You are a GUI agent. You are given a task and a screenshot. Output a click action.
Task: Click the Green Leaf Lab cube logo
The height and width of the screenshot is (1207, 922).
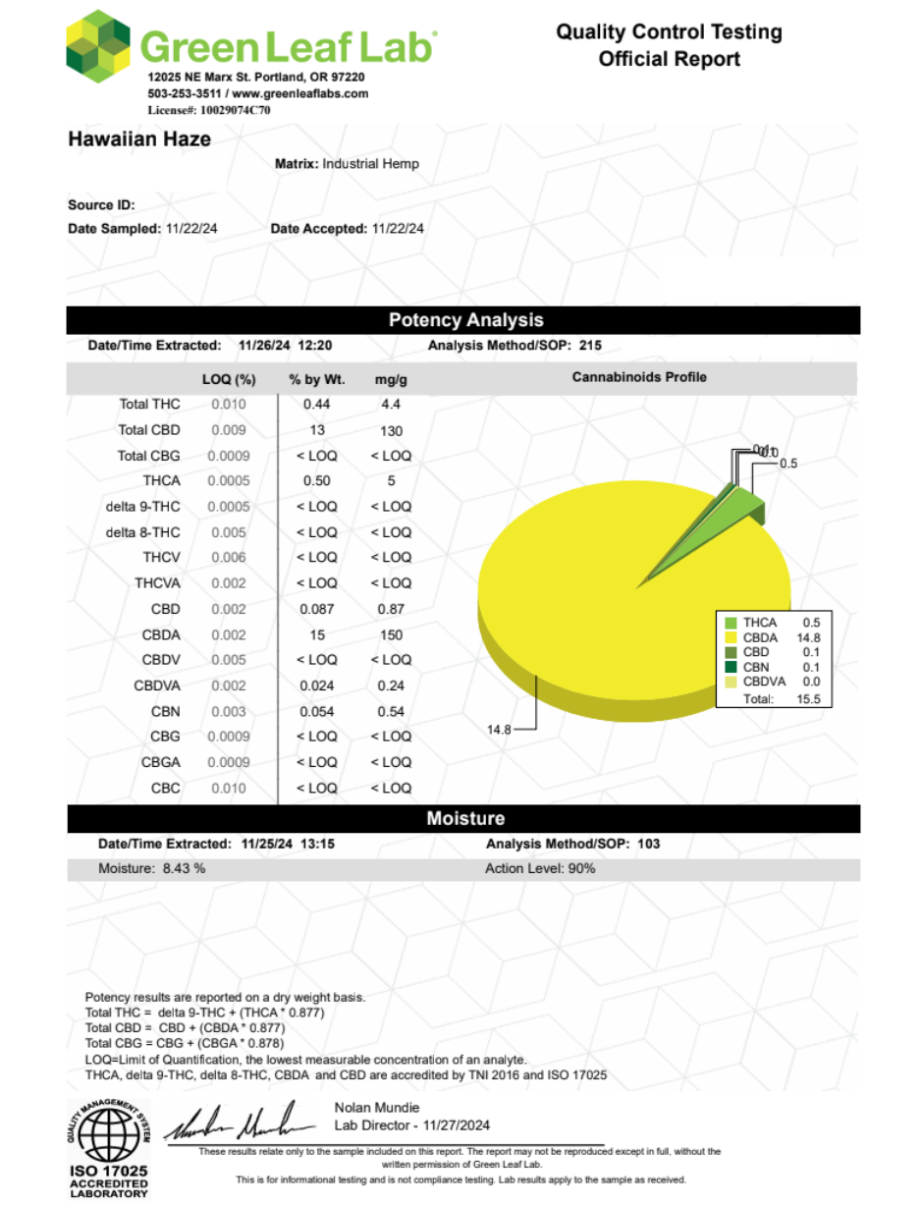tap(98, 47)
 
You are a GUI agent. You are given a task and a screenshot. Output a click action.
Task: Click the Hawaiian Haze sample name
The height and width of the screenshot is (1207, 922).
tap(139, 139)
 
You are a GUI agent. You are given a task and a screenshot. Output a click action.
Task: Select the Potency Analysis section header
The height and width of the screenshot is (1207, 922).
tap(464, 320)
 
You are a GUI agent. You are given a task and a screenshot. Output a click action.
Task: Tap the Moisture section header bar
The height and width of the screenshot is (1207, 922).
tap(464, 818)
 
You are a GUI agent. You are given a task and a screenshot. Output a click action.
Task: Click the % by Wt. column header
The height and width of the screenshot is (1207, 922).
tap(313, 379)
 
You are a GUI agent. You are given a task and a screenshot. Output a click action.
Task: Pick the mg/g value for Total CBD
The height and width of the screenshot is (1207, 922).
tap(390, 430)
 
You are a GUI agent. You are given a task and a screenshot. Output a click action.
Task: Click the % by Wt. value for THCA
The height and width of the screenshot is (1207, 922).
tap(316, 481)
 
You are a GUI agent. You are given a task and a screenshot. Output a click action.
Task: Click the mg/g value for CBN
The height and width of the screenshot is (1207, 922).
tap(390, 711)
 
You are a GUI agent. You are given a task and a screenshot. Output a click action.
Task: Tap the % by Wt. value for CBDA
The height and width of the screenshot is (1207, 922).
tap(316, 634)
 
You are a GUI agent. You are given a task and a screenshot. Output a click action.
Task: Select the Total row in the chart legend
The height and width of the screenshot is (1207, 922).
tap(776, 698)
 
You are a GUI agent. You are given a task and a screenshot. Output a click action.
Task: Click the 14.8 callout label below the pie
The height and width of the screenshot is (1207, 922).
tap(499, 729)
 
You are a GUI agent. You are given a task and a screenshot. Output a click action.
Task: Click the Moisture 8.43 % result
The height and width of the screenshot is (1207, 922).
tap(152, 869)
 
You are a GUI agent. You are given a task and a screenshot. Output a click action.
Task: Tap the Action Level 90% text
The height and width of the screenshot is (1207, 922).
tap(540, 869)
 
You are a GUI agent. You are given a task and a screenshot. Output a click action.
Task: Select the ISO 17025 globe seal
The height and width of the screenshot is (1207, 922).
tap(107, 1134)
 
